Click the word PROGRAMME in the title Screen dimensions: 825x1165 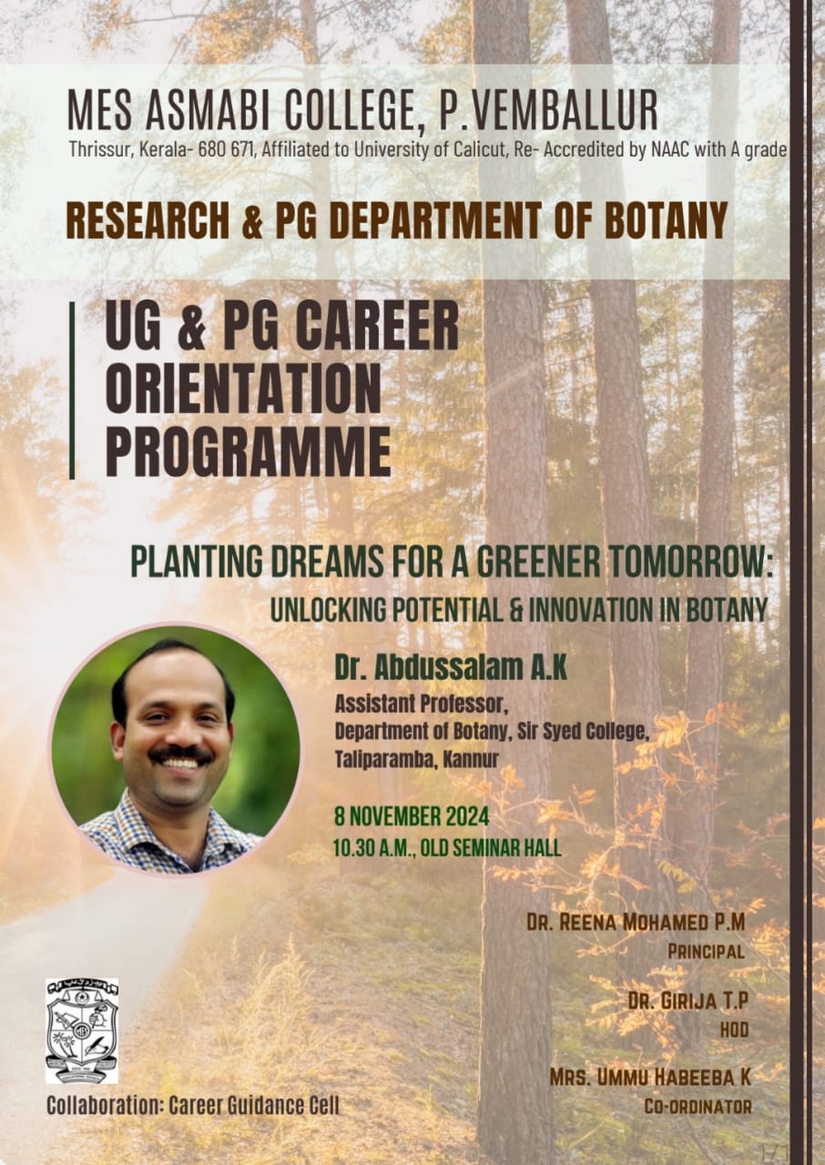[x=249, y=451]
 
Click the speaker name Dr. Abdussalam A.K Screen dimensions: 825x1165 [x=451, y=668]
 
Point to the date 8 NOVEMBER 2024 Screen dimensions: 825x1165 [x=412, y=816]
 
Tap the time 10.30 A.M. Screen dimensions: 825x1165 [x=374, y=849]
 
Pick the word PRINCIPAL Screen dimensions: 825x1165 [x=707, y=952]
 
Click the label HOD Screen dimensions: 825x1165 [x=734, y=1030]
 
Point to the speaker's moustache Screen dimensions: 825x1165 [x=180, y=754]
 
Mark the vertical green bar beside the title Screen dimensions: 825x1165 [x=72, y=390]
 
